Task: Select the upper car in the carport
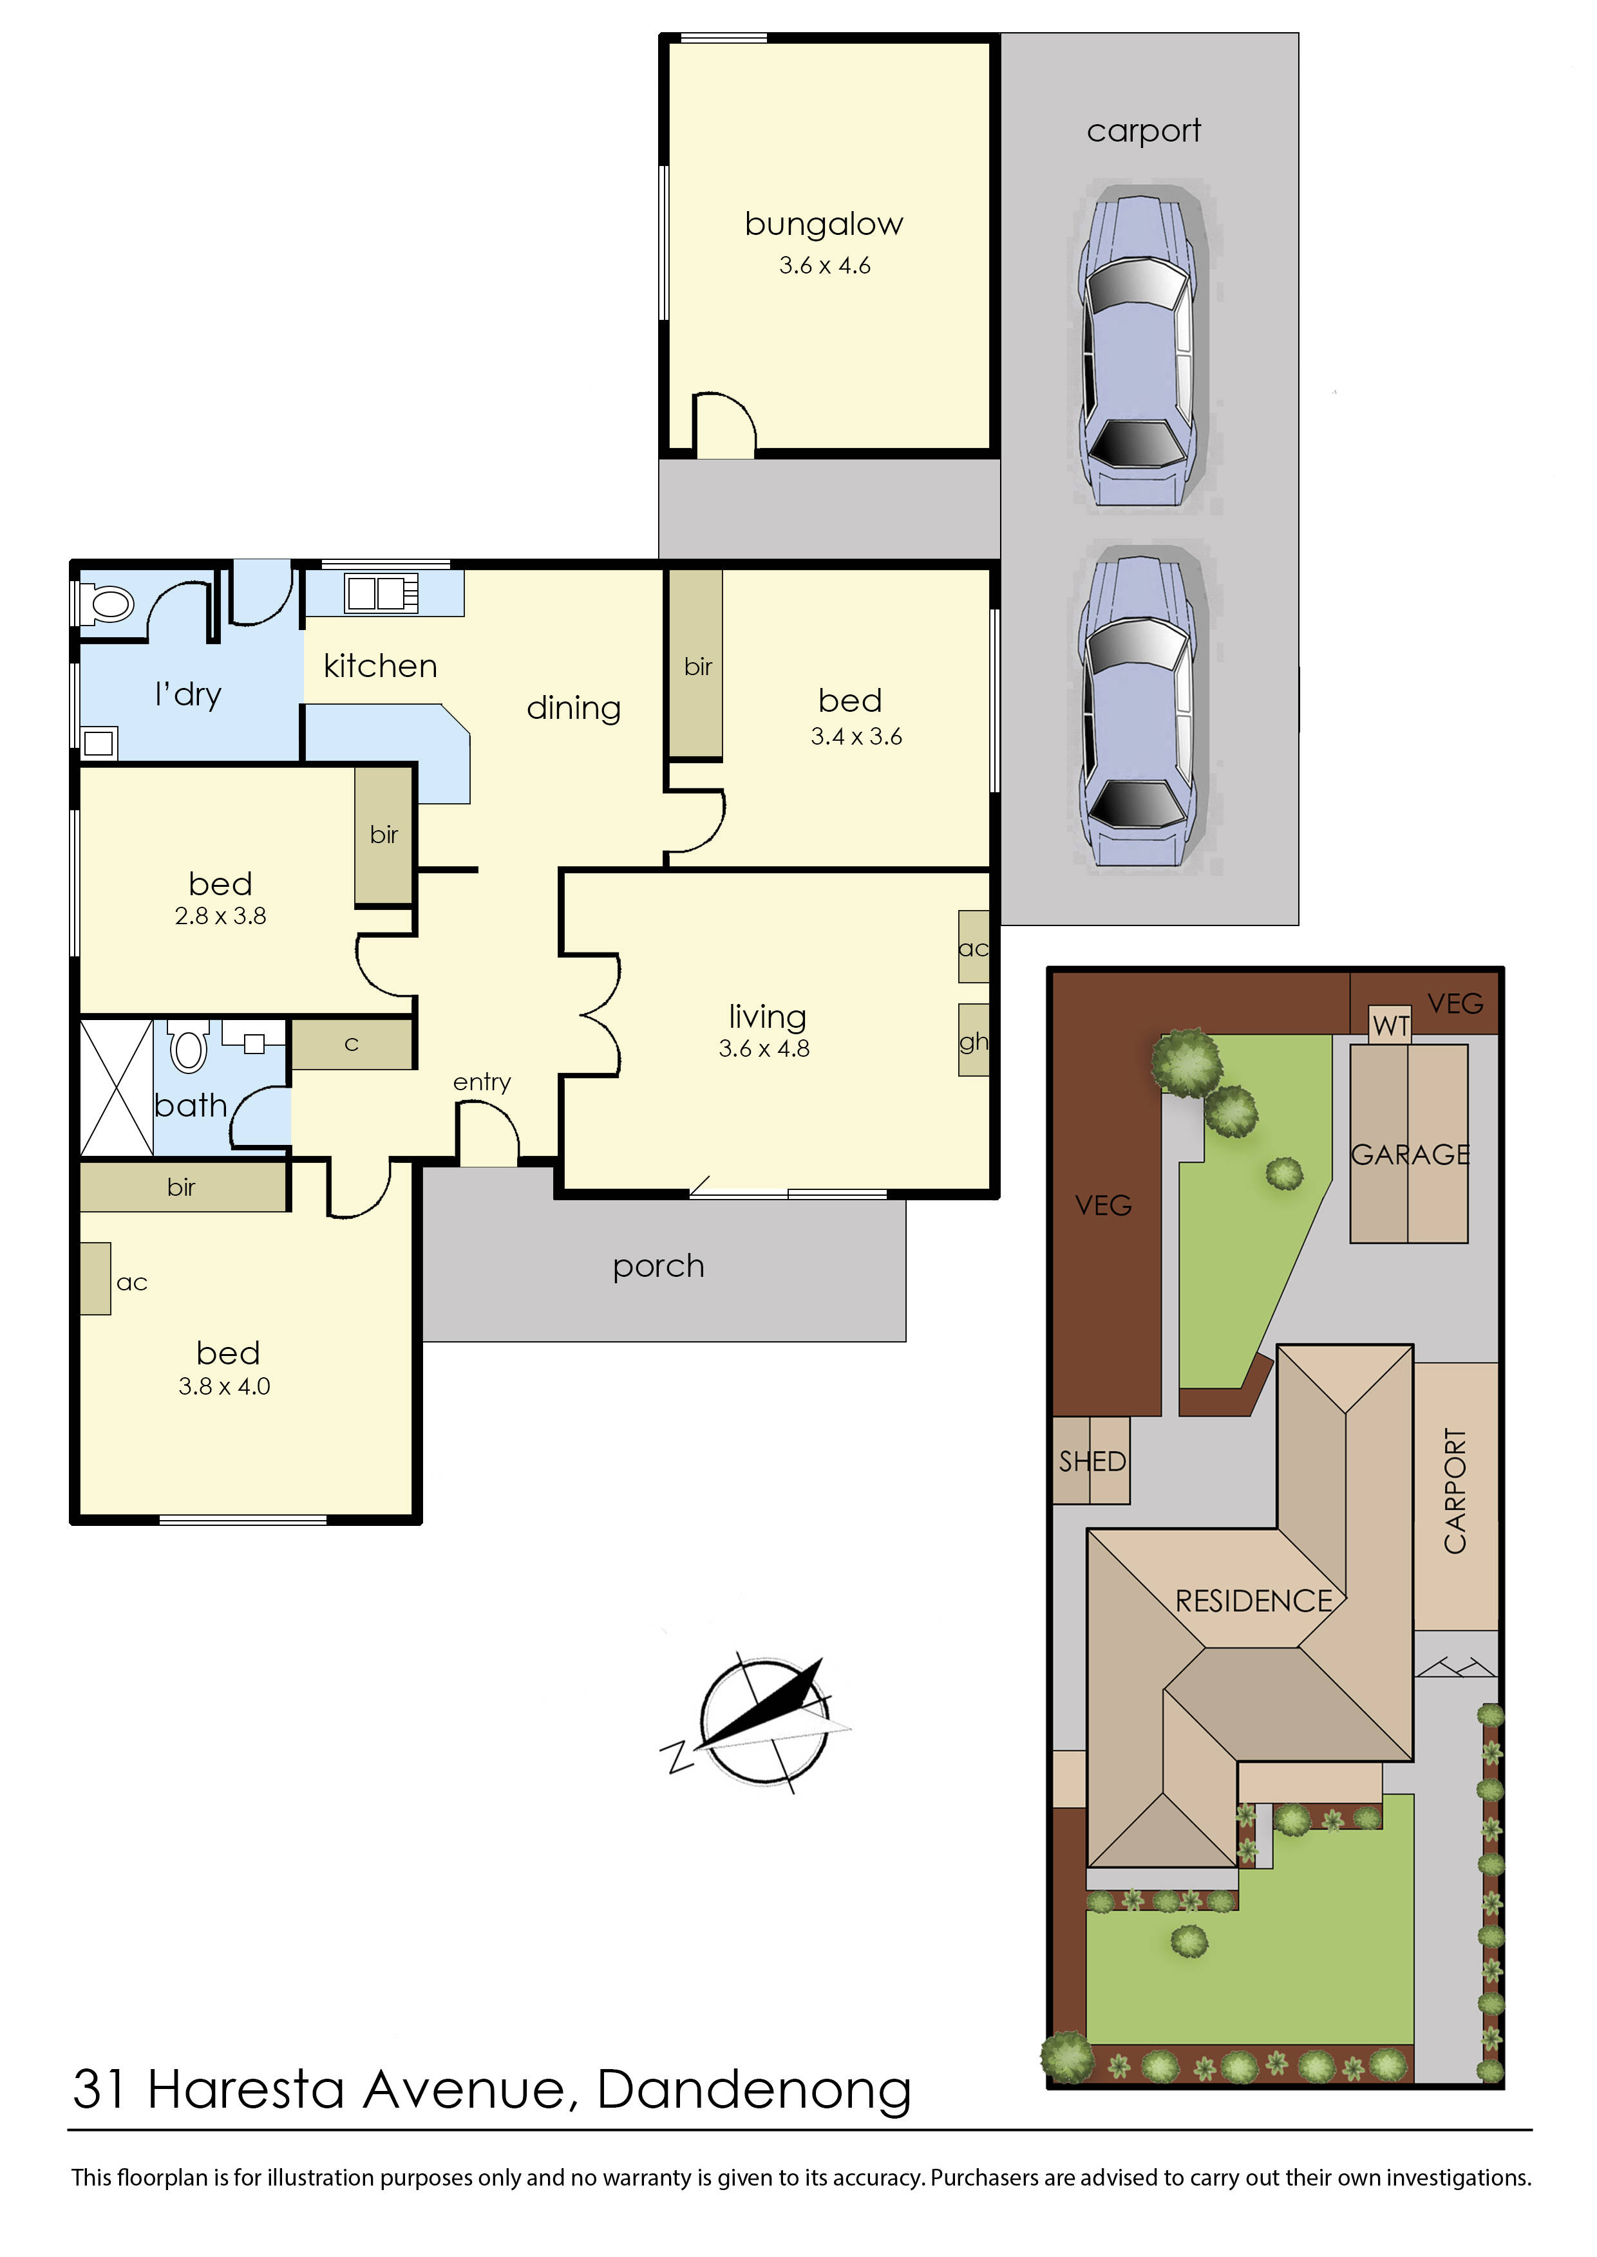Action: [x=1139, y=348]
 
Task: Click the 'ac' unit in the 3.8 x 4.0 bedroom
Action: [x=95, y=1278]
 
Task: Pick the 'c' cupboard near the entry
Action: [x=351, y=1044]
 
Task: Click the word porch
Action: [x=658, y=1266]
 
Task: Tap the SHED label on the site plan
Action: [x=1091, y=1462]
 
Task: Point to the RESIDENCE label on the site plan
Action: [x=1253, y=1601]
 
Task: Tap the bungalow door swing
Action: [x=724, y=425]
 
